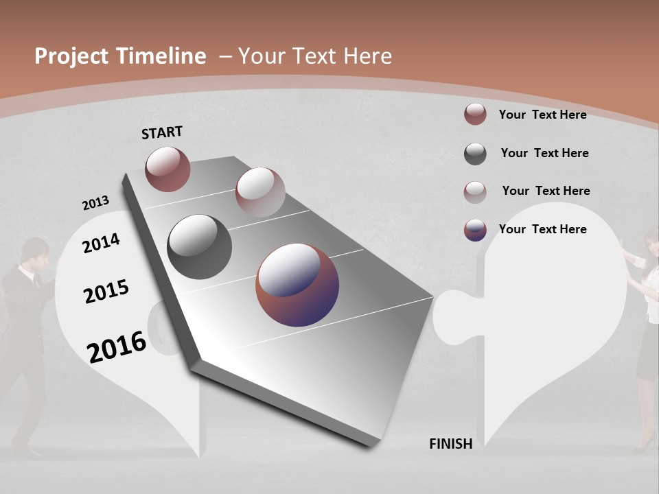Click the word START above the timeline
(x=162, y=132)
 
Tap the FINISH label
(x=450, y=444)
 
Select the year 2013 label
(x=95, y=202)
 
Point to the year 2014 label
(x=101, y=243)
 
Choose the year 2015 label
(x=106, y=292)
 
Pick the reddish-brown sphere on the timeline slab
(x=167, y=169)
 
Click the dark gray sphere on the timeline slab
(x=199, y=246)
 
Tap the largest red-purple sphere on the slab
(x=297, y=285)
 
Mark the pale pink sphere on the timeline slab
(x=259, y=191)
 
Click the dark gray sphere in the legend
(x=475, y=154)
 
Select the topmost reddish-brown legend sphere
(x=475, y=115)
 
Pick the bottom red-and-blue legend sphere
(x=475, y=230)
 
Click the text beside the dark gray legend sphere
(x=544, y=153)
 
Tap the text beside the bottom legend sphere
(x=542, y=229)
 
